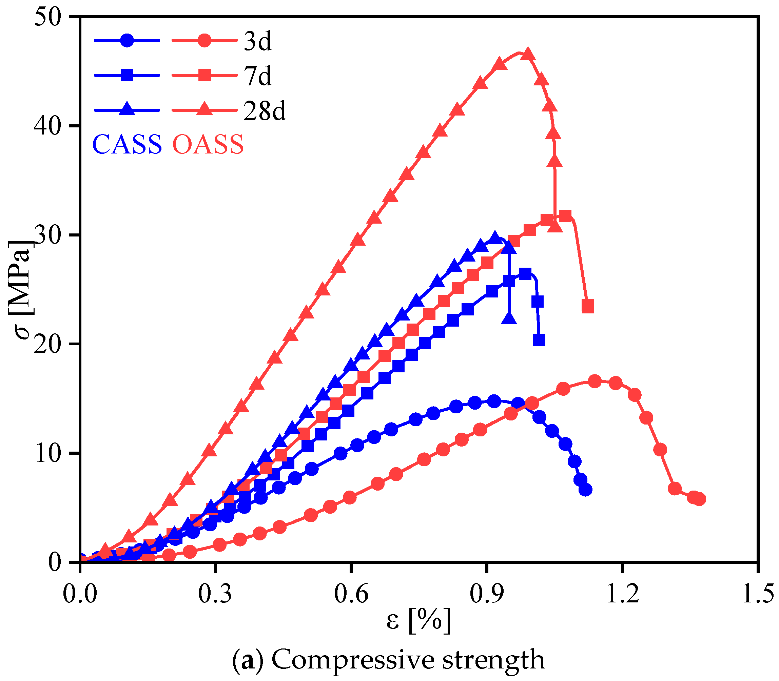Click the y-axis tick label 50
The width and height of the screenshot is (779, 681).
pos(47,18)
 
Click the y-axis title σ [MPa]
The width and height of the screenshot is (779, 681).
pos(22,289)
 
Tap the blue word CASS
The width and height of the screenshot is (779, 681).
pos(127,145)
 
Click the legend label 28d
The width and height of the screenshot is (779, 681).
pos(264,111)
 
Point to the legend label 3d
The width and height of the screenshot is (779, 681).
pos(257,41)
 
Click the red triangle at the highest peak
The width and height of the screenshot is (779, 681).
pos(528,55)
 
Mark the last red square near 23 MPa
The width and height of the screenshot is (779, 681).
pos(588,306)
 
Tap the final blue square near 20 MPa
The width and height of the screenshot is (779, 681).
pos(539,340)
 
